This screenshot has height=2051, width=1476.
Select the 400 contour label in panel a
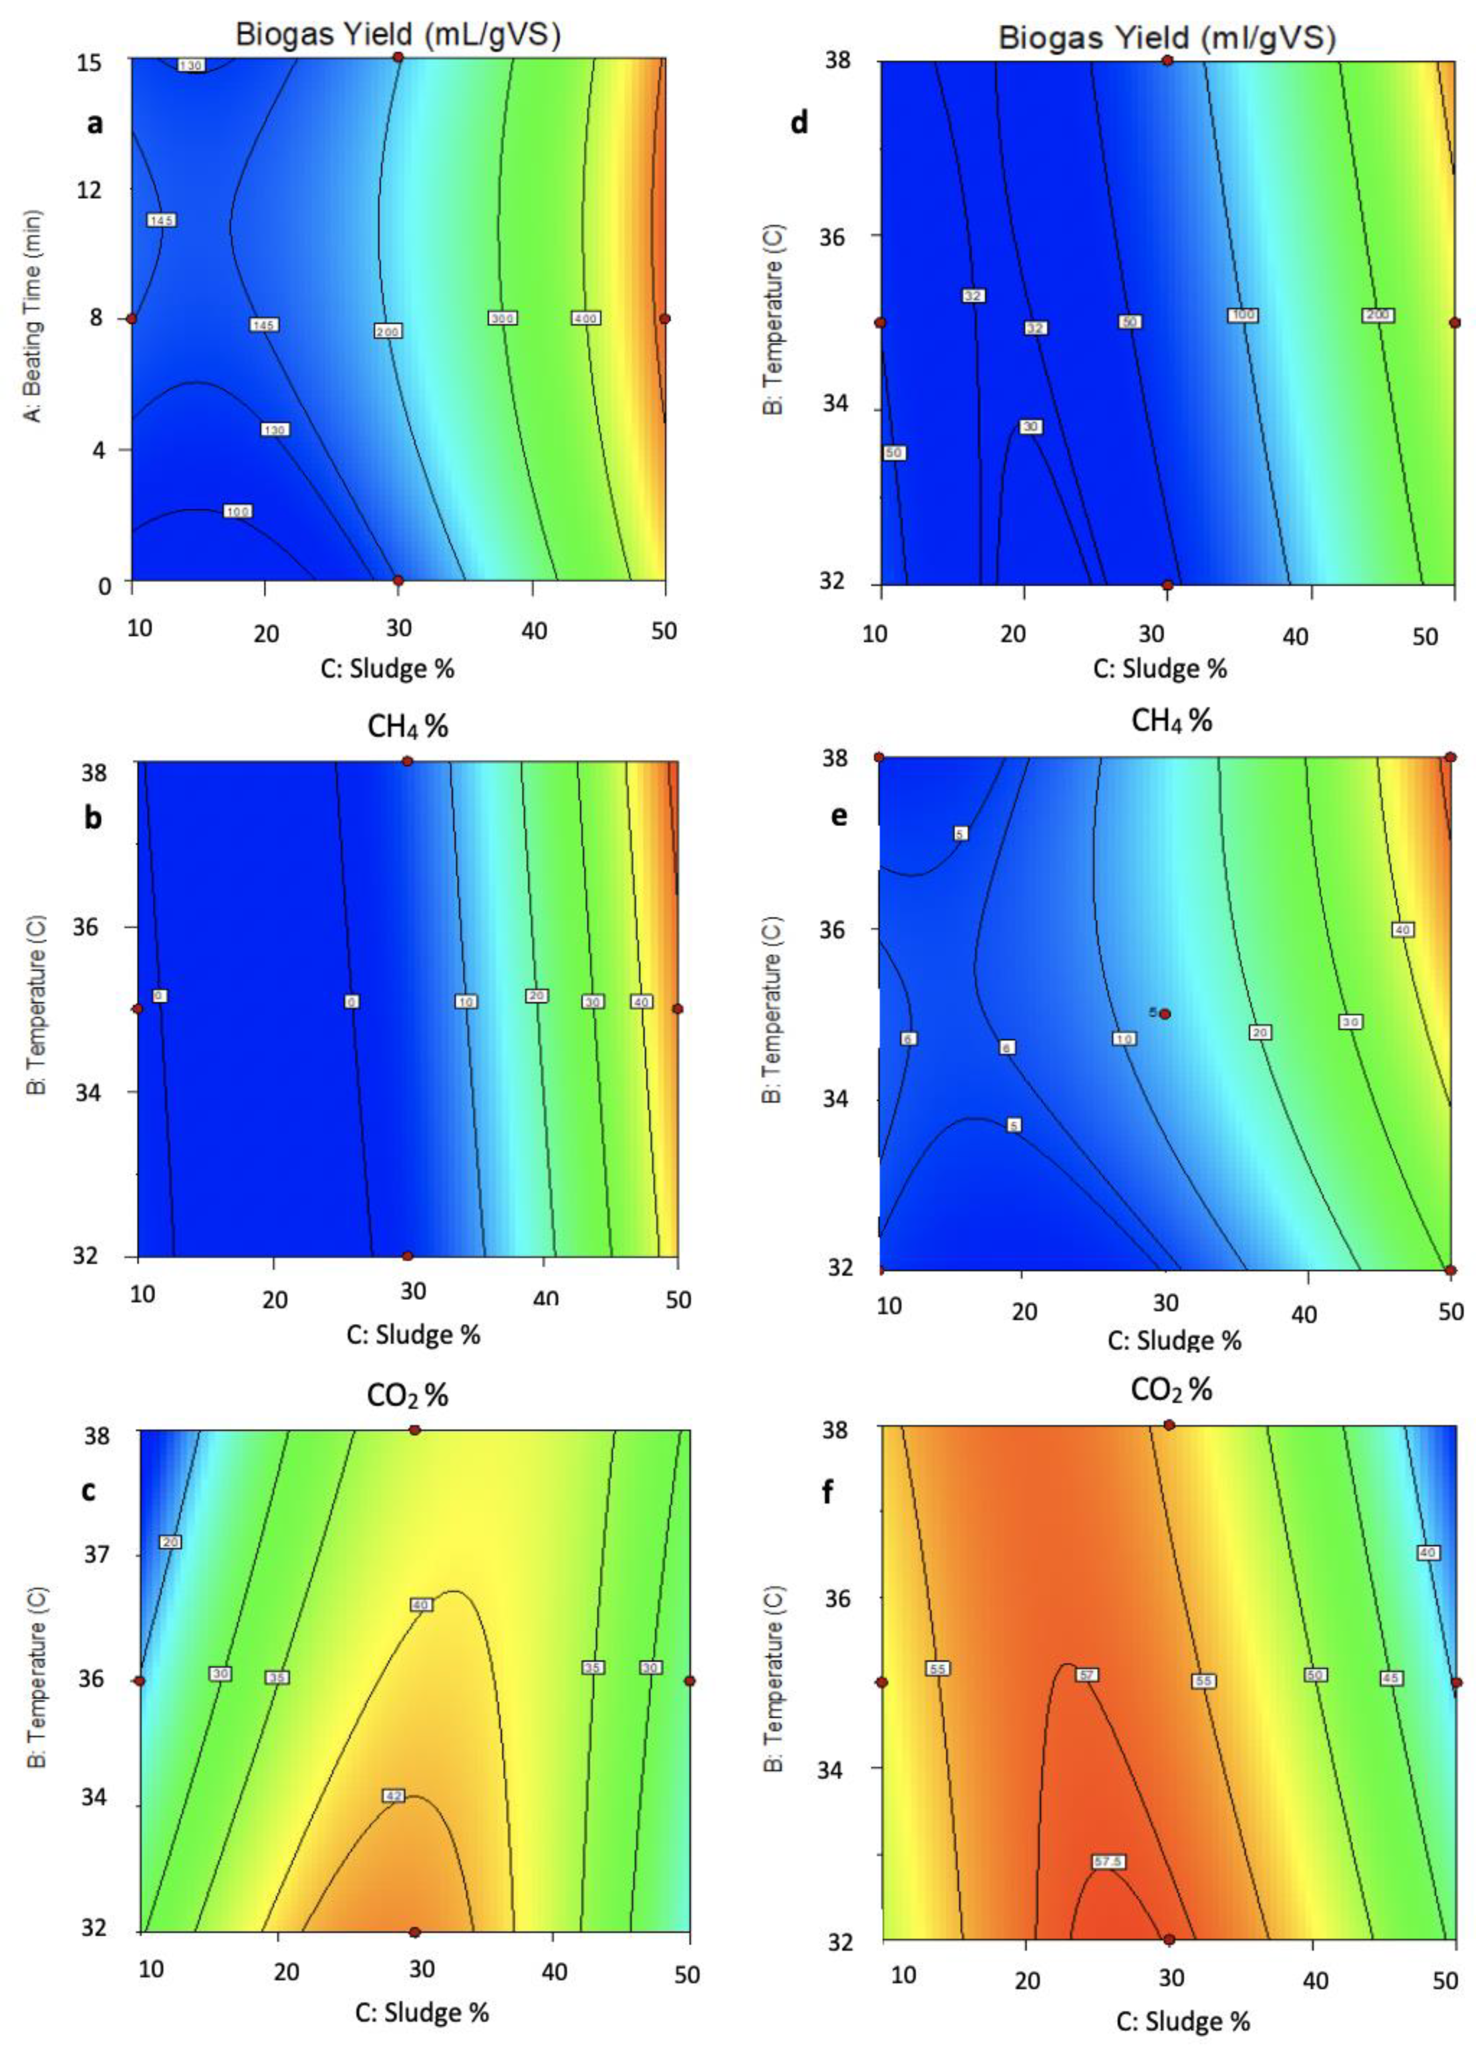pos(586,318)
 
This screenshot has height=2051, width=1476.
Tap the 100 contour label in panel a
pos(237,512)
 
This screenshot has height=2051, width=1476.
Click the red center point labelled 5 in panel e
pos(1165,1014)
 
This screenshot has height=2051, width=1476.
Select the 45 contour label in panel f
pos(1391,1677)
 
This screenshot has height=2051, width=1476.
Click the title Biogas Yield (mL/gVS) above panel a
pos(398,34)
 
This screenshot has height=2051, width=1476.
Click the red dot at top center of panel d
pos(1168,60)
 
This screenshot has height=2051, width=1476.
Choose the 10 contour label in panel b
pos(466,1002)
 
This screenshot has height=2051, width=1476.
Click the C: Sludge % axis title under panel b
pos(413,1334)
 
